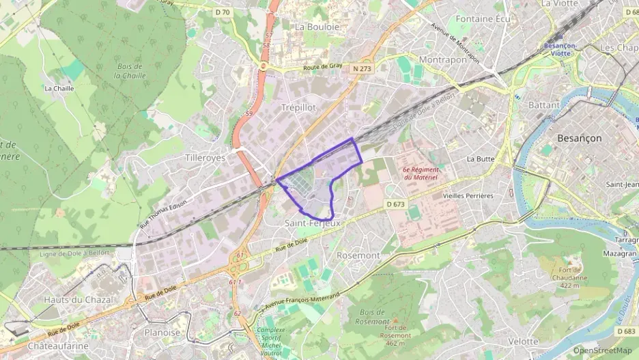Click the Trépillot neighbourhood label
[x=298, y=107]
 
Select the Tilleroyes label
[x=205, y=157]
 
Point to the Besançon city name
[x=580, y=138]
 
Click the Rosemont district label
[x=358, y=255]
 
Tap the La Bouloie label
[x=317, y=27]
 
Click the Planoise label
[x=162, y=333]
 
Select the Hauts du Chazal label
[x=69, y=299]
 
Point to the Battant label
[x=544, y=105]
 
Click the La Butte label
[x=480, y=158]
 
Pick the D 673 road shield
[x=395, y=204]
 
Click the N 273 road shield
[x=363, y=69]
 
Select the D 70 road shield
[x=223, y=12]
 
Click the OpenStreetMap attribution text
[x=602, y=350]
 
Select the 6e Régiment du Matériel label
[x=420, y=173]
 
